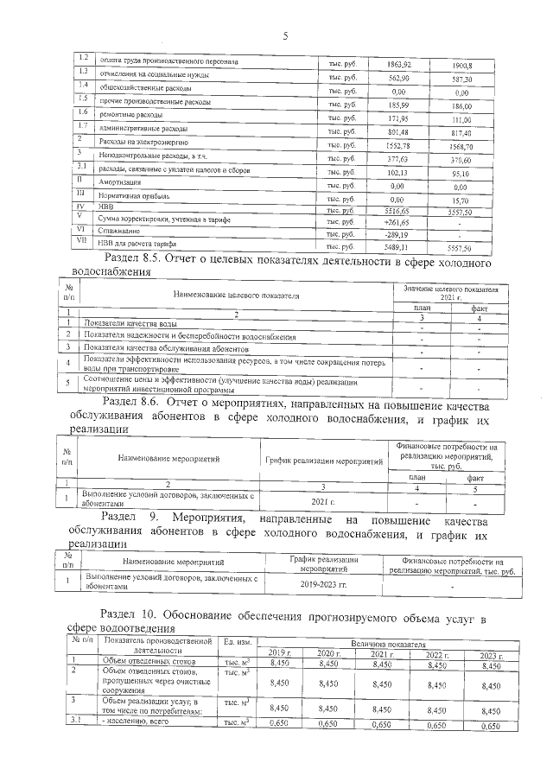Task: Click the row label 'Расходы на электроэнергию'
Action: pyautogui.click(x=138, y=141)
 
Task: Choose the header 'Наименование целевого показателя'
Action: pyautogui.click(x=237, y=295)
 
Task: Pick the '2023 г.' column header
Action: pyautogui.click(x=489, y=654)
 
